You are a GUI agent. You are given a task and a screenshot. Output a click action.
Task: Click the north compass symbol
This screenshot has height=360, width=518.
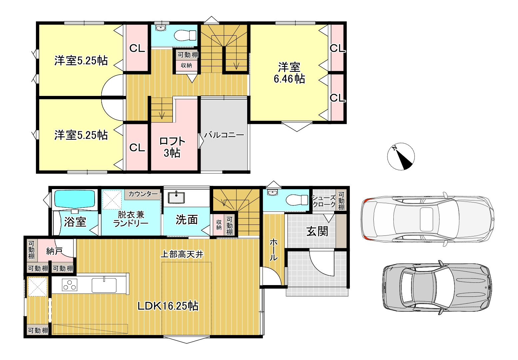click(401, 157)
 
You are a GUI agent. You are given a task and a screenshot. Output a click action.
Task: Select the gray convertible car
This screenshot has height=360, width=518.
click(437, 287)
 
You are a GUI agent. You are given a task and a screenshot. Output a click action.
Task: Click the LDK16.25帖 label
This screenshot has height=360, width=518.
click(168, 306)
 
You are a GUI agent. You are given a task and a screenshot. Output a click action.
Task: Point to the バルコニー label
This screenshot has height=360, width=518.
click(224, 135)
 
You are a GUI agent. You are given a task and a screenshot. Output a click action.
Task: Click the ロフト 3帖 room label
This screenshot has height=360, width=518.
click(172, 147)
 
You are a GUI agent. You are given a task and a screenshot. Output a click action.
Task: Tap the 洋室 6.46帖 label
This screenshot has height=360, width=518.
click(289, 73)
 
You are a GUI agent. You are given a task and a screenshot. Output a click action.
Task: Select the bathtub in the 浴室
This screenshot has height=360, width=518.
click(75, 199)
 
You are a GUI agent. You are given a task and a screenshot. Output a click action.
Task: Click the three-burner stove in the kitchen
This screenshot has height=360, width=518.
click(70, 285)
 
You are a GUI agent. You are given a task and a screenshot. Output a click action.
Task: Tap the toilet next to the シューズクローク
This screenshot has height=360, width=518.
click(297, 200)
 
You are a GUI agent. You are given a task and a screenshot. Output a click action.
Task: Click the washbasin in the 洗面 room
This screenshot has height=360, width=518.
click(176, 197)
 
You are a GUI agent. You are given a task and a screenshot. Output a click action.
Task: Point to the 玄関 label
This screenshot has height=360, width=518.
click(317, 231)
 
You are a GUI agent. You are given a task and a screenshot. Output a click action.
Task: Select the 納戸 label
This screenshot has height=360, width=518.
click(54, 251)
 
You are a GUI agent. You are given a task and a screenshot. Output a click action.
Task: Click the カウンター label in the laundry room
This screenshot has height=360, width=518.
click(143, 194)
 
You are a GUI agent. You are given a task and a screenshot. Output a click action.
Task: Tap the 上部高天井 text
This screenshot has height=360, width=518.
click(182, 254)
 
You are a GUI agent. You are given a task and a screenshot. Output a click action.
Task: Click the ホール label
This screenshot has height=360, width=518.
click(273, 249)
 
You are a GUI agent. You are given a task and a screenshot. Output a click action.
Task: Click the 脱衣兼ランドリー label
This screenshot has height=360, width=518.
click(131, 219)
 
